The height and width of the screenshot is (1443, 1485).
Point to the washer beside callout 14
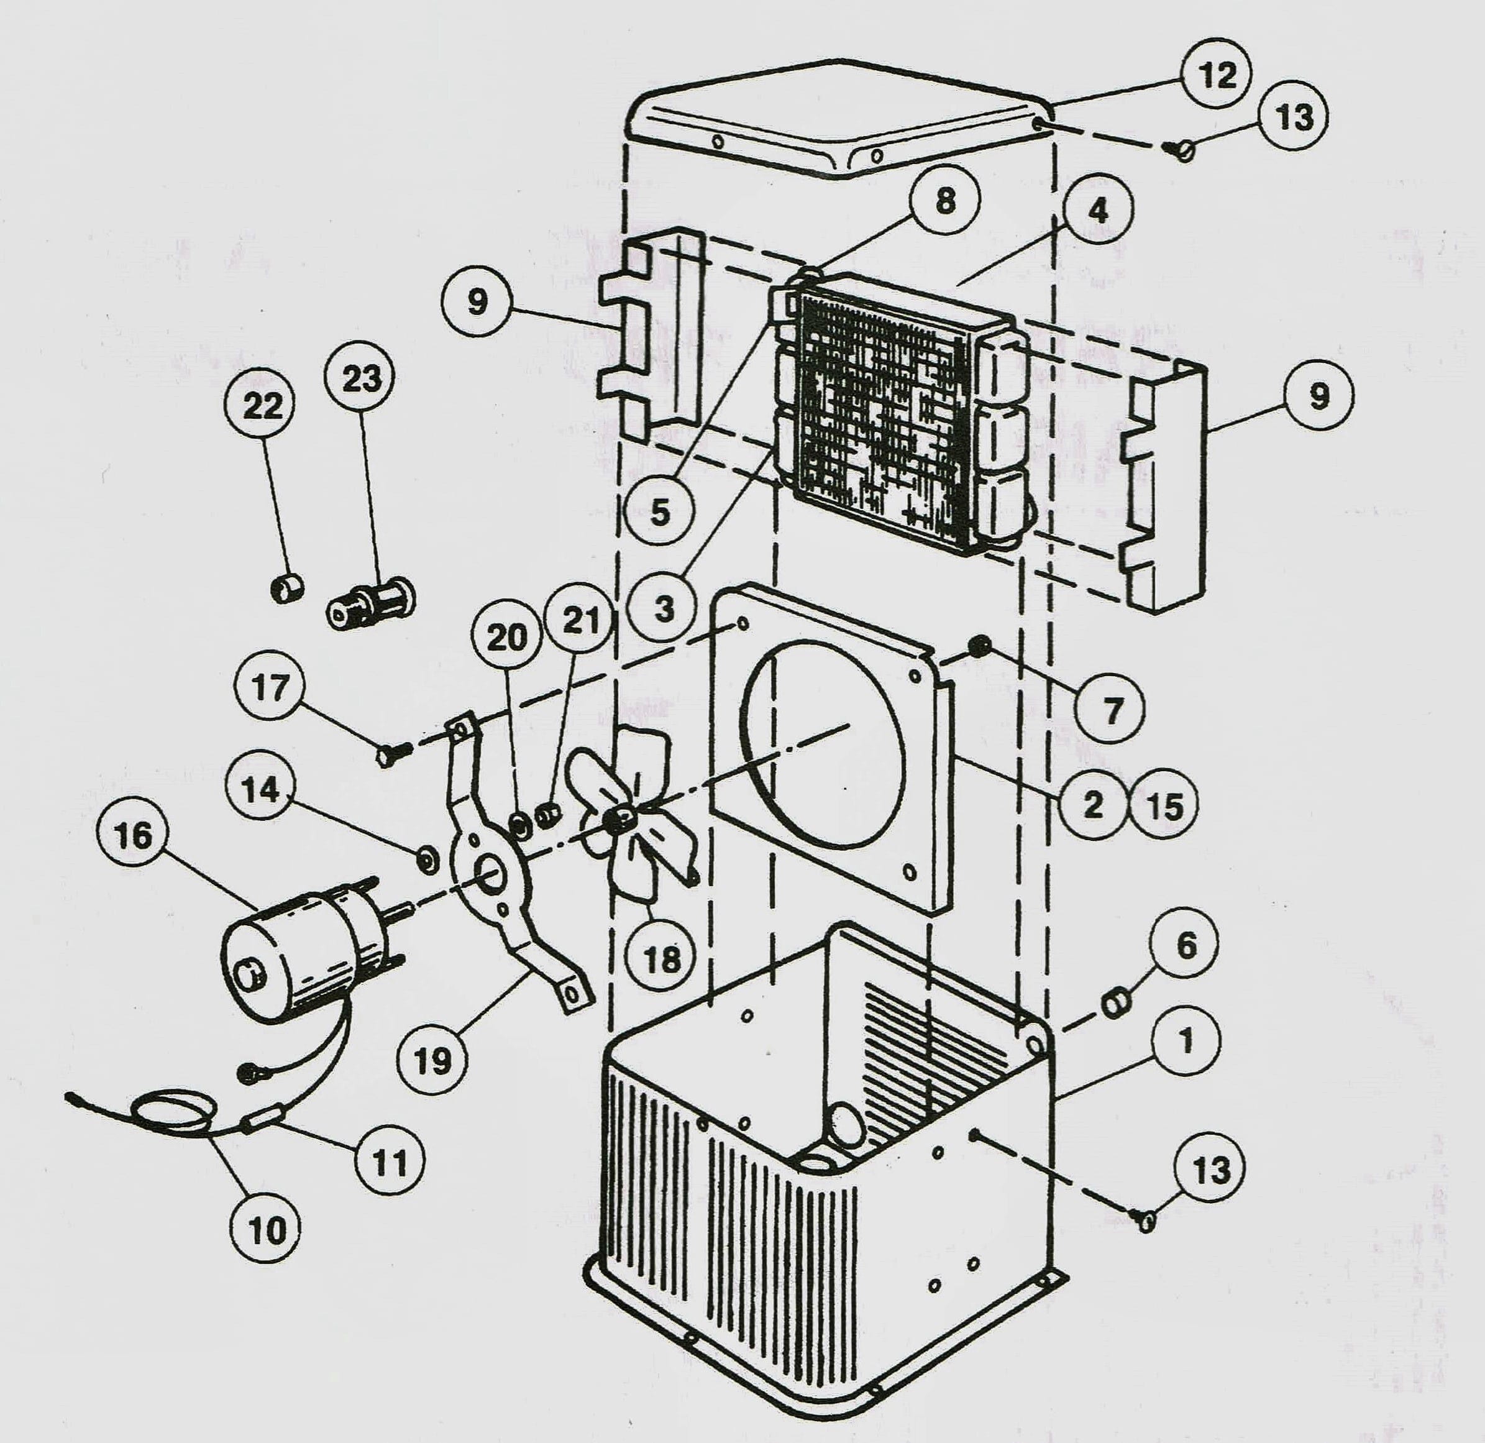point(426,859)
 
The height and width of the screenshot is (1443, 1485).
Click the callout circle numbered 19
point(432,1060)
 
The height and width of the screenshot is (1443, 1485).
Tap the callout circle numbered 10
point(267,1229)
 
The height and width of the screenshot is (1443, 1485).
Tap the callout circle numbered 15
point(1165,805)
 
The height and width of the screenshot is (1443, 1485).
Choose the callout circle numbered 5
point(660,511)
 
